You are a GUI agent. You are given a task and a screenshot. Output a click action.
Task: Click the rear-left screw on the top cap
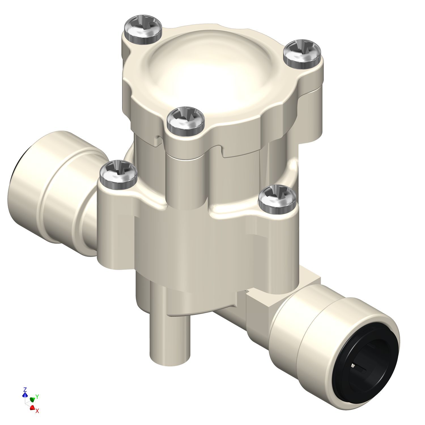point(144,29)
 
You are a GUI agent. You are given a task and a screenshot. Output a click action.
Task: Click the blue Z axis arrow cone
point(25,394)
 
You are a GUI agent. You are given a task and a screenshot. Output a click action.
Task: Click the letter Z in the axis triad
point(25,389)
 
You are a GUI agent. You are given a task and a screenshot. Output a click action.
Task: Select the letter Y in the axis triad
point(37,396)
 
